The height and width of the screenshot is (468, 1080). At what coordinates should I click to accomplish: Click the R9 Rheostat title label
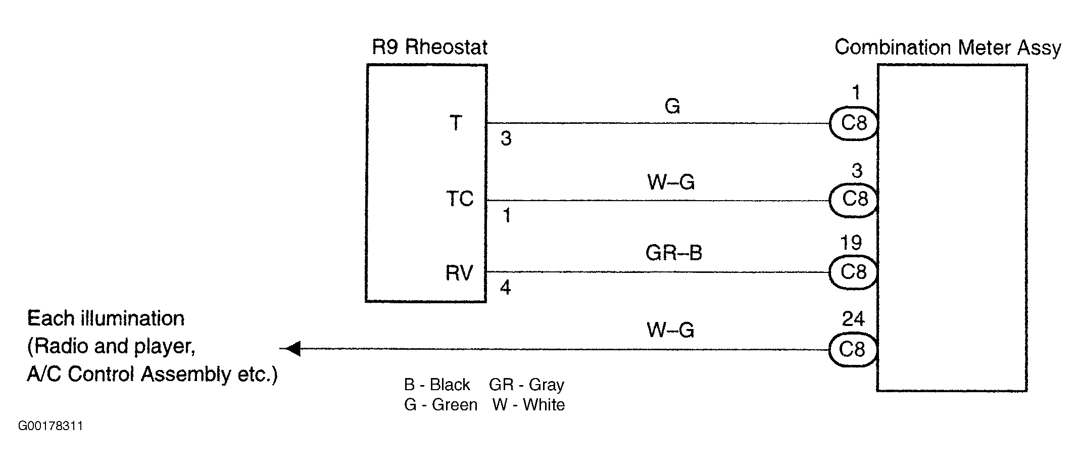[429, 47]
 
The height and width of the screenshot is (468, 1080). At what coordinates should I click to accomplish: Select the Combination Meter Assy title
[948, 48]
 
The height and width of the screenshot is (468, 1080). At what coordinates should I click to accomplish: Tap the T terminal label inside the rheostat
[456, 123]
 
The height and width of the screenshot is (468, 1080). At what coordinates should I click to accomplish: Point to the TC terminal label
[460, 199]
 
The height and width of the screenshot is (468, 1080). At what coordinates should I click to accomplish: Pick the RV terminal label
[459, 273]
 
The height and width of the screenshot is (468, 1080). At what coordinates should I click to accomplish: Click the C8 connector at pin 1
[853, 123]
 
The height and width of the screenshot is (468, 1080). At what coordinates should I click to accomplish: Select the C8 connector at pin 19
[853, 272]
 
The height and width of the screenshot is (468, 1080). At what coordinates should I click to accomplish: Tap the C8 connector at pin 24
[853, 349]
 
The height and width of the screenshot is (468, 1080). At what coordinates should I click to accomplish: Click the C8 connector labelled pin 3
[853, 199]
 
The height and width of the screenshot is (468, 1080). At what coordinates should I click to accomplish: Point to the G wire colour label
[672, 106]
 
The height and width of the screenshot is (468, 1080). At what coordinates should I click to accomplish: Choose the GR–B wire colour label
[674, 252]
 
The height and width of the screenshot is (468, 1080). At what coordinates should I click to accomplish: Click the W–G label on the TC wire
[671, 181]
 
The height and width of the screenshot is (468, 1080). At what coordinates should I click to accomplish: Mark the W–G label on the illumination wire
[670, 330]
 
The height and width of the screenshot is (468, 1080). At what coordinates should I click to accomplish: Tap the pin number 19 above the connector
[851, 243]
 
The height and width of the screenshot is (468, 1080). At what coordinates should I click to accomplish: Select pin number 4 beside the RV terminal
[505, 288]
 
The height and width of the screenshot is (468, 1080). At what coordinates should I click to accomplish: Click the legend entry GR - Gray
[526, 385]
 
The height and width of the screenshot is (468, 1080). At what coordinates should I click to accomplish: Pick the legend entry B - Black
[437, 385]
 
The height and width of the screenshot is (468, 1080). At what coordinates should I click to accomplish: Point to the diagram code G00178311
[51, 426]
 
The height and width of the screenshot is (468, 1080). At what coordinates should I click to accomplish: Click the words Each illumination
[106, 318]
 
